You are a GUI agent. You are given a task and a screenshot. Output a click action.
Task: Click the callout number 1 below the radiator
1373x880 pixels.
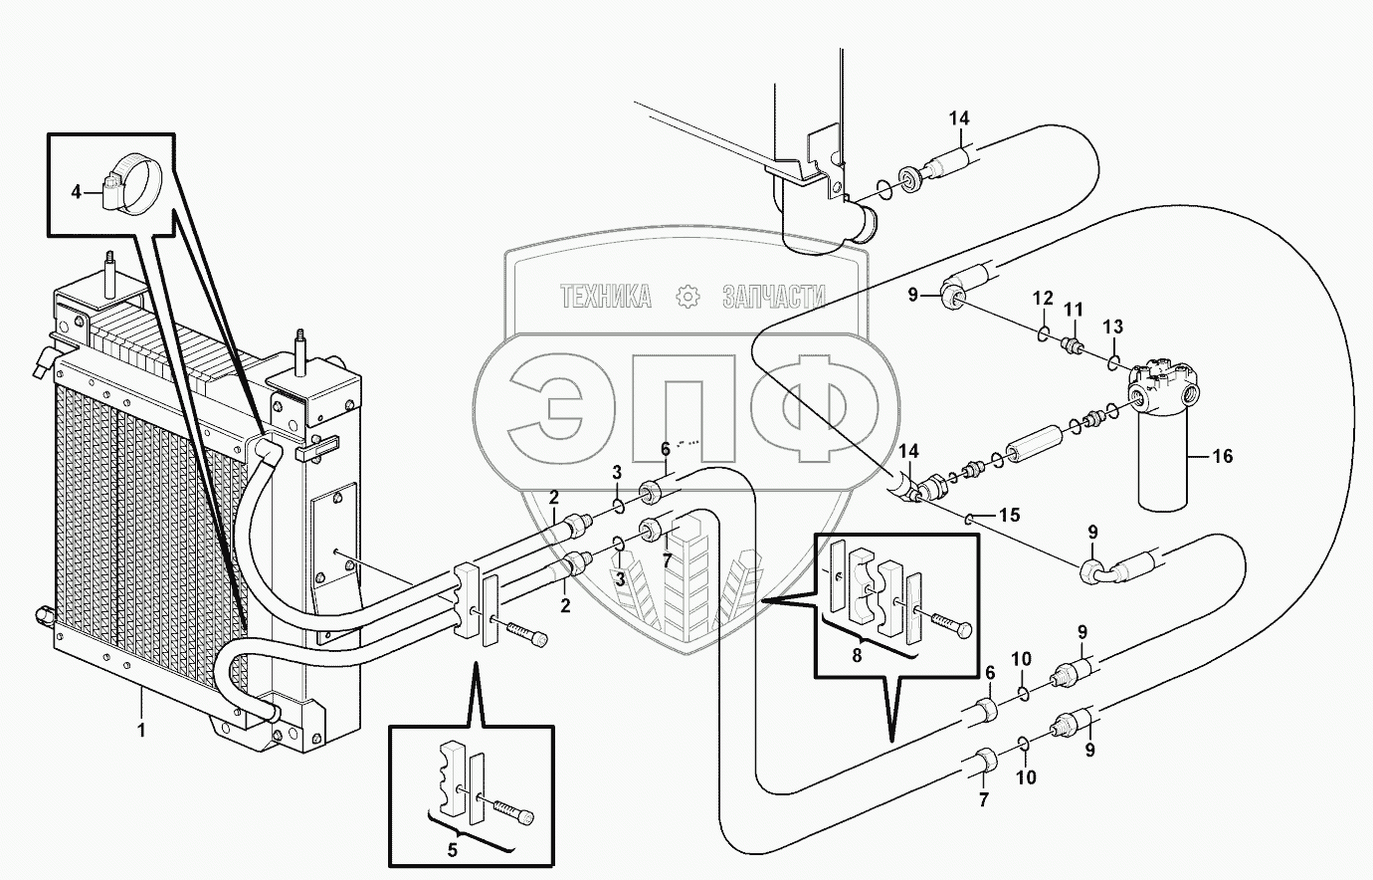tap(141, 730)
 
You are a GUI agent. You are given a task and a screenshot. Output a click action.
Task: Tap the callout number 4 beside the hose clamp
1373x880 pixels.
tap(77, 190)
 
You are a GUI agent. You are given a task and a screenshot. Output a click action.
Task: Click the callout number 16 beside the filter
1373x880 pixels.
tap(1223, 456)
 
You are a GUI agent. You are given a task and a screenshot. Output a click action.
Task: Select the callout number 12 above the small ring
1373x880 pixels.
tap(1042, 299)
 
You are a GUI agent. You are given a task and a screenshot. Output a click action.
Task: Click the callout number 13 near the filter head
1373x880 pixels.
tap(1112, 327)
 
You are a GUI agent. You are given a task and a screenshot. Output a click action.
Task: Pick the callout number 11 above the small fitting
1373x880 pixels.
tap(1075, 310)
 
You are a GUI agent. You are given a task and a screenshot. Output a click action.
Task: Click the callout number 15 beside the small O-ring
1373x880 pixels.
tap(1009, 516)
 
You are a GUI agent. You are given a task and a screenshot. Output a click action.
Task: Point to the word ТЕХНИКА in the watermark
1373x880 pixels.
tap(605, 296)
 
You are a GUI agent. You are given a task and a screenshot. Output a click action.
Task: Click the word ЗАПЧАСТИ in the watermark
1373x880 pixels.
tap(774, 296)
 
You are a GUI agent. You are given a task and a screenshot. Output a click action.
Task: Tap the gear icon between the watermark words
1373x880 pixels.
tap(686, 296)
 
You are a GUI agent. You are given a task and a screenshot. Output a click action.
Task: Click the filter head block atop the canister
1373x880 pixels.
tap(1166, 384)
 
